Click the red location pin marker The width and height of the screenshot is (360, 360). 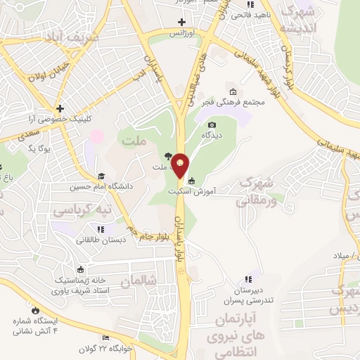click(x=181, y=165)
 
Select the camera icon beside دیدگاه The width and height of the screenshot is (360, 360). click(x=212, y=124)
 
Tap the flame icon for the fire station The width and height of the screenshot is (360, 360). click(x=33, y=309)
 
